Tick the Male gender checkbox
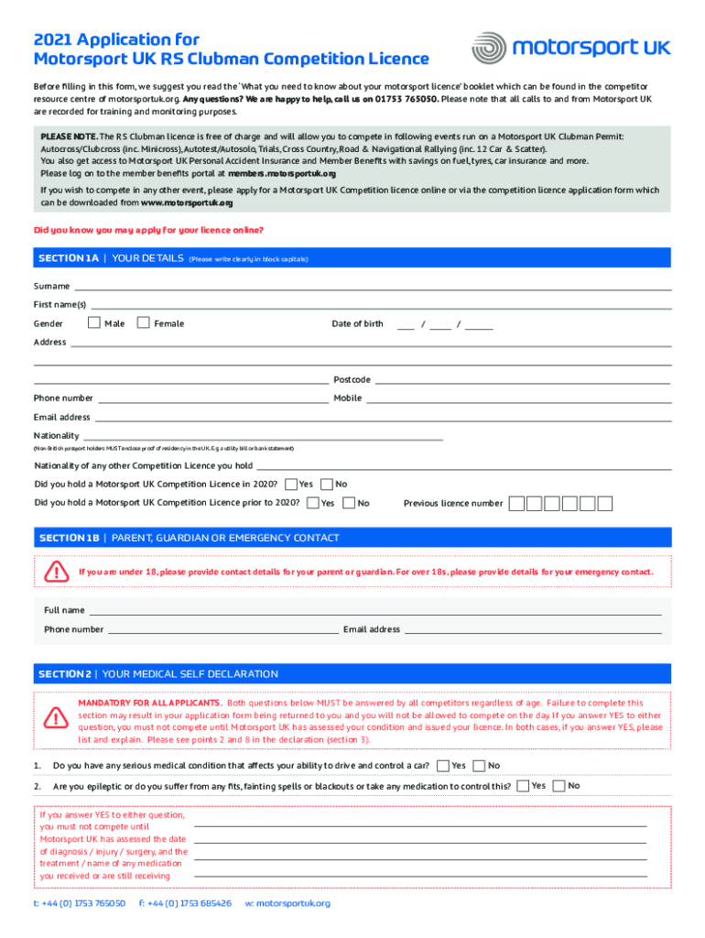[x=94, y=322]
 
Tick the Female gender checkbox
[x=143, y=322]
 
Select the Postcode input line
[x=523, y=379]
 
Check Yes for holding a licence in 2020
[x=291, y=484]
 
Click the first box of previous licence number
[x=517, y=503]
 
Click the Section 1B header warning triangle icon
[x=58, y=573]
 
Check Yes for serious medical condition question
[x=443, y=766]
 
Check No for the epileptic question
[x=559, y=786]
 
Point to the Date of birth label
[x=357, y=323]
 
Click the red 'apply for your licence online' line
[x=148, y=229]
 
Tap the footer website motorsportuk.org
[x=287, y=903]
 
